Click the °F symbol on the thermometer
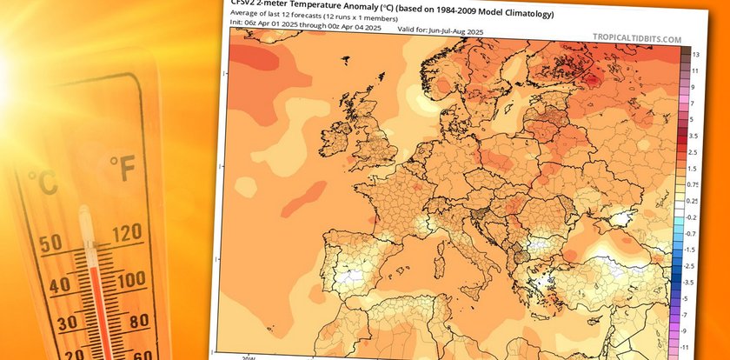[123, 170]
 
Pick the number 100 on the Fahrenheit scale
[129, 280]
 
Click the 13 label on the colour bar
[696, 54]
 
